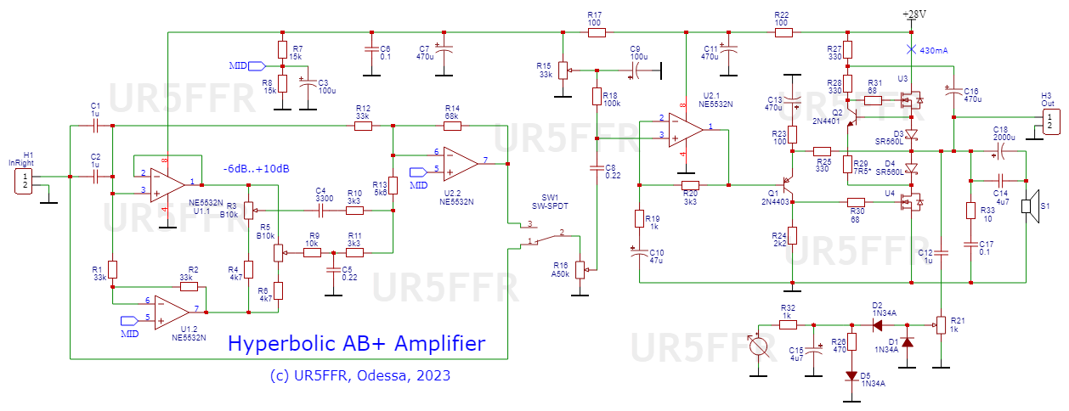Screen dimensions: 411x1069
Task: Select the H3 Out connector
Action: pyautogui.click(x=1051, y=121)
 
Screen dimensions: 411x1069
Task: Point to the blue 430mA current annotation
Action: pyautogui.click(x=932, y=50)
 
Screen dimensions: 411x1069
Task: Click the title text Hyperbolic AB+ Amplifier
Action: pyautogui.click(x=356, y=344)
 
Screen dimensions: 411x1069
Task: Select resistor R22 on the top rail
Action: pyautogui.click(x=783, y=33)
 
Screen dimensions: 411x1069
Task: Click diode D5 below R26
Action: pyautogui.click(x=851, y=375)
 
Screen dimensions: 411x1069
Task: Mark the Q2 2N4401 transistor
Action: pyautogui.click(x=848, y=115)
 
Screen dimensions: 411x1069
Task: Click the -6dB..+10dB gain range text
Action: pyautogui.click(x=256, y=169)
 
